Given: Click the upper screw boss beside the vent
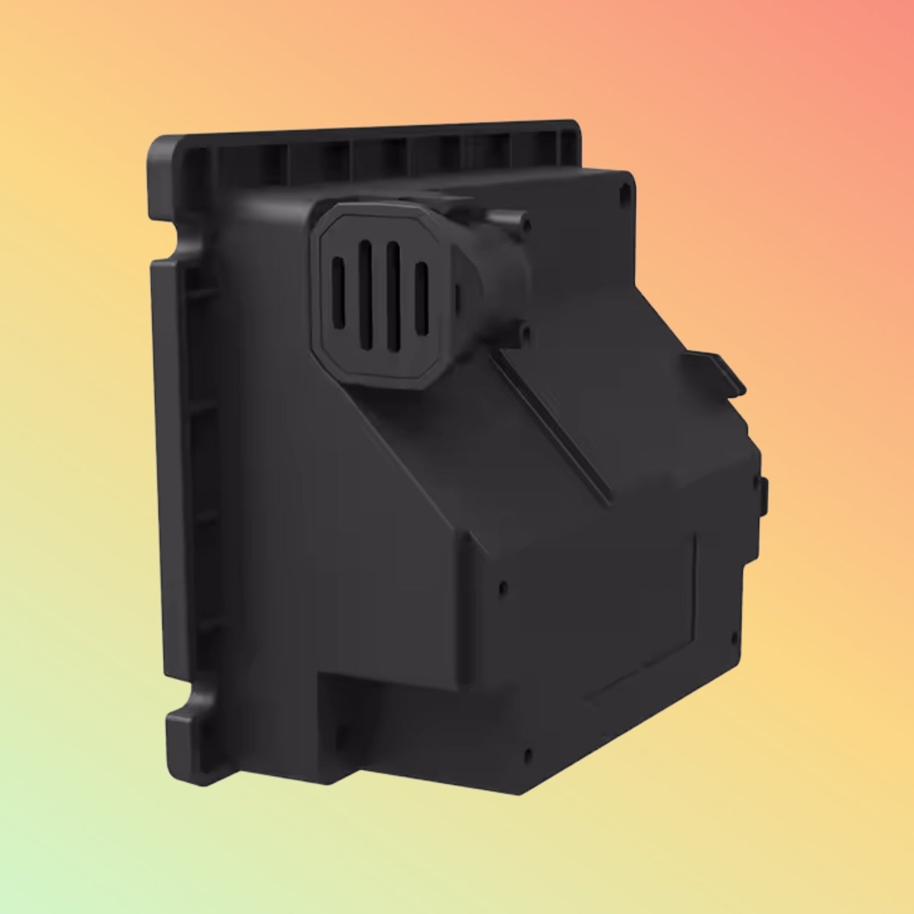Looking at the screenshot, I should (x=524, y=222).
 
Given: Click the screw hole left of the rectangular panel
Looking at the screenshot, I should (x=503, y=588).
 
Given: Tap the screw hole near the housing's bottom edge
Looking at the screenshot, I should (x=527, y=753).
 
